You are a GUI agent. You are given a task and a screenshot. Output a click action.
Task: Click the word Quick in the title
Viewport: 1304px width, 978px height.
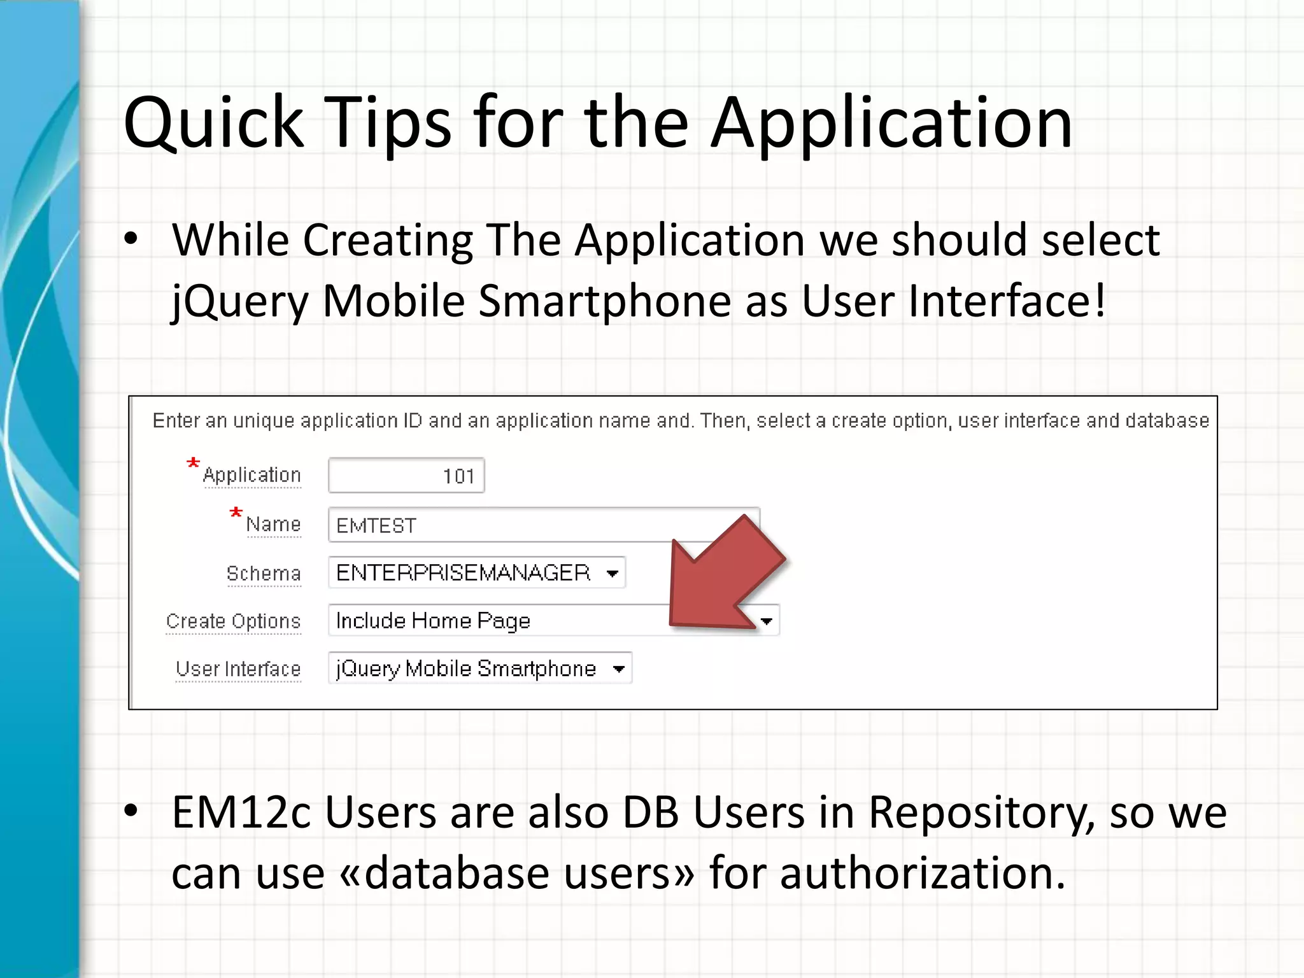coord(213,122)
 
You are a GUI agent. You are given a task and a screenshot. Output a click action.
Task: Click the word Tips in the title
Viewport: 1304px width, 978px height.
coord(388,122)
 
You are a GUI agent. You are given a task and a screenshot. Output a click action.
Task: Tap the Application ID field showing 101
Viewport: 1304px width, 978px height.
coord(406,476)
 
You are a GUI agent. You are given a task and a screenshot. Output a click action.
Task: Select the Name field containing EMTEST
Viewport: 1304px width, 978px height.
coord(497,525)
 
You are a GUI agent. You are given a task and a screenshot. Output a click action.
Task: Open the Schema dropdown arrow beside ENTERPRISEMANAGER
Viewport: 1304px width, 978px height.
coord(613,573)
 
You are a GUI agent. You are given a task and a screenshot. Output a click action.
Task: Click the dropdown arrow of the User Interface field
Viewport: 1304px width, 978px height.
coord(618,669)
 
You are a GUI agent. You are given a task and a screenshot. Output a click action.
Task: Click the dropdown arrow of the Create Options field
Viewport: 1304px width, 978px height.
coord(767,621)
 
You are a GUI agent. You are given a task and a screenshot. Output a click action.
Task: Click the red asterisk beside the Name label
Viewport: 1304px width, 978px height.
coord(236,513)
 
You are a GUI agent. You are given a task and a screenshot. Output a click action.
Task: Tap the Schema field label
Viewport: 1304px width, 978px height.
coord(264,573)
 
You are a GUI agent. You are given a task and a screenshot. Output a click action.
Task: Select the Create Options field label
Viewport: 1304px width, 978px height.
coord(233,621)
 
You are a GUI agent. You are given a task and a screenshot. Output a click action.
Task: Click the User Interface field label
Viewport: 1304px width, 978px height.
coord(238,669)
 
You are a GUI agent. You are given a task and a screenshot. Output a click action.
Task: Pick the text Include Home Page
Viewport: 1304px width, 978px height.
coord(433,621)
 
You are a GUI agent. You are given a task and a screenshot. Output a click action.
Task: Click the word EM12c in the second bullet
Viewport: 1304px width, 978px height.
coord(241,812)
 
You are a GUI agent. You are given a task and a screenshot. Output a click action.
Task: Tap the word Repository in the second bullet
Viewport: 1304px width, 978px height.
coord(981,812)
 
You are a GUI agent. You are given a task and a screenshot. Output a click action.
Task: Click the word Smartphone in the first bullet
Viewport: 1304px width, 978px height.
coord(604,301)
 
